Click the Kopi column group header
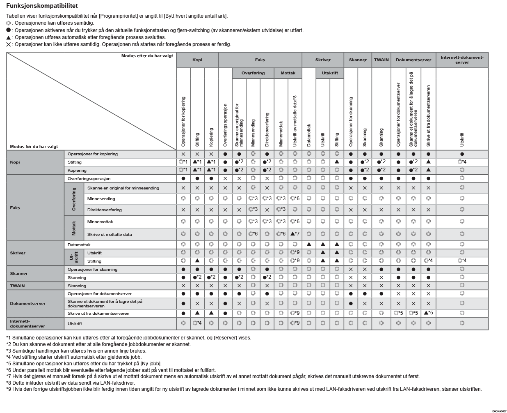[197, 60]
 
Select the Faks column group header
[260, 60]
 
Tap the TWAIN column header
[381, 60]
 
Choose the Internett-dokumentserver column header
[462, 60]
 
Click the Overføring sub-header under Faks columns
[253, 73]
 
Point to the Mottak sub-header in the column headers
[288, 73]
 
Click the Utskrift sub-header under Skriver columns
[330, 73]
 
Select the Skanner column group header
[358, 60]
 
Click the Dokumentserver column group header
[413, 60]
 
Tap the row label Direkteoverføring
[105, 210]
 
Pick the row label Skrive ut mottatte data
[110, 235]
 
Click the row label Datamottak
[79, 245]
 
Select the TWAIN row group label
[17, 286]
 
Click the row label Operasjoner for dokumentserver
[100, 294]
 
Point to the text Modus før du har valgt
[34, 147]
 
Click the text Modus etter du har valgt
[147, 56]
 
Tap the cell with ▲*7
[295, 234]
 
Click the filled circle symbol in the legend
[9, 30]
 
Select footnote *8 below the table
[71, 383]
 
